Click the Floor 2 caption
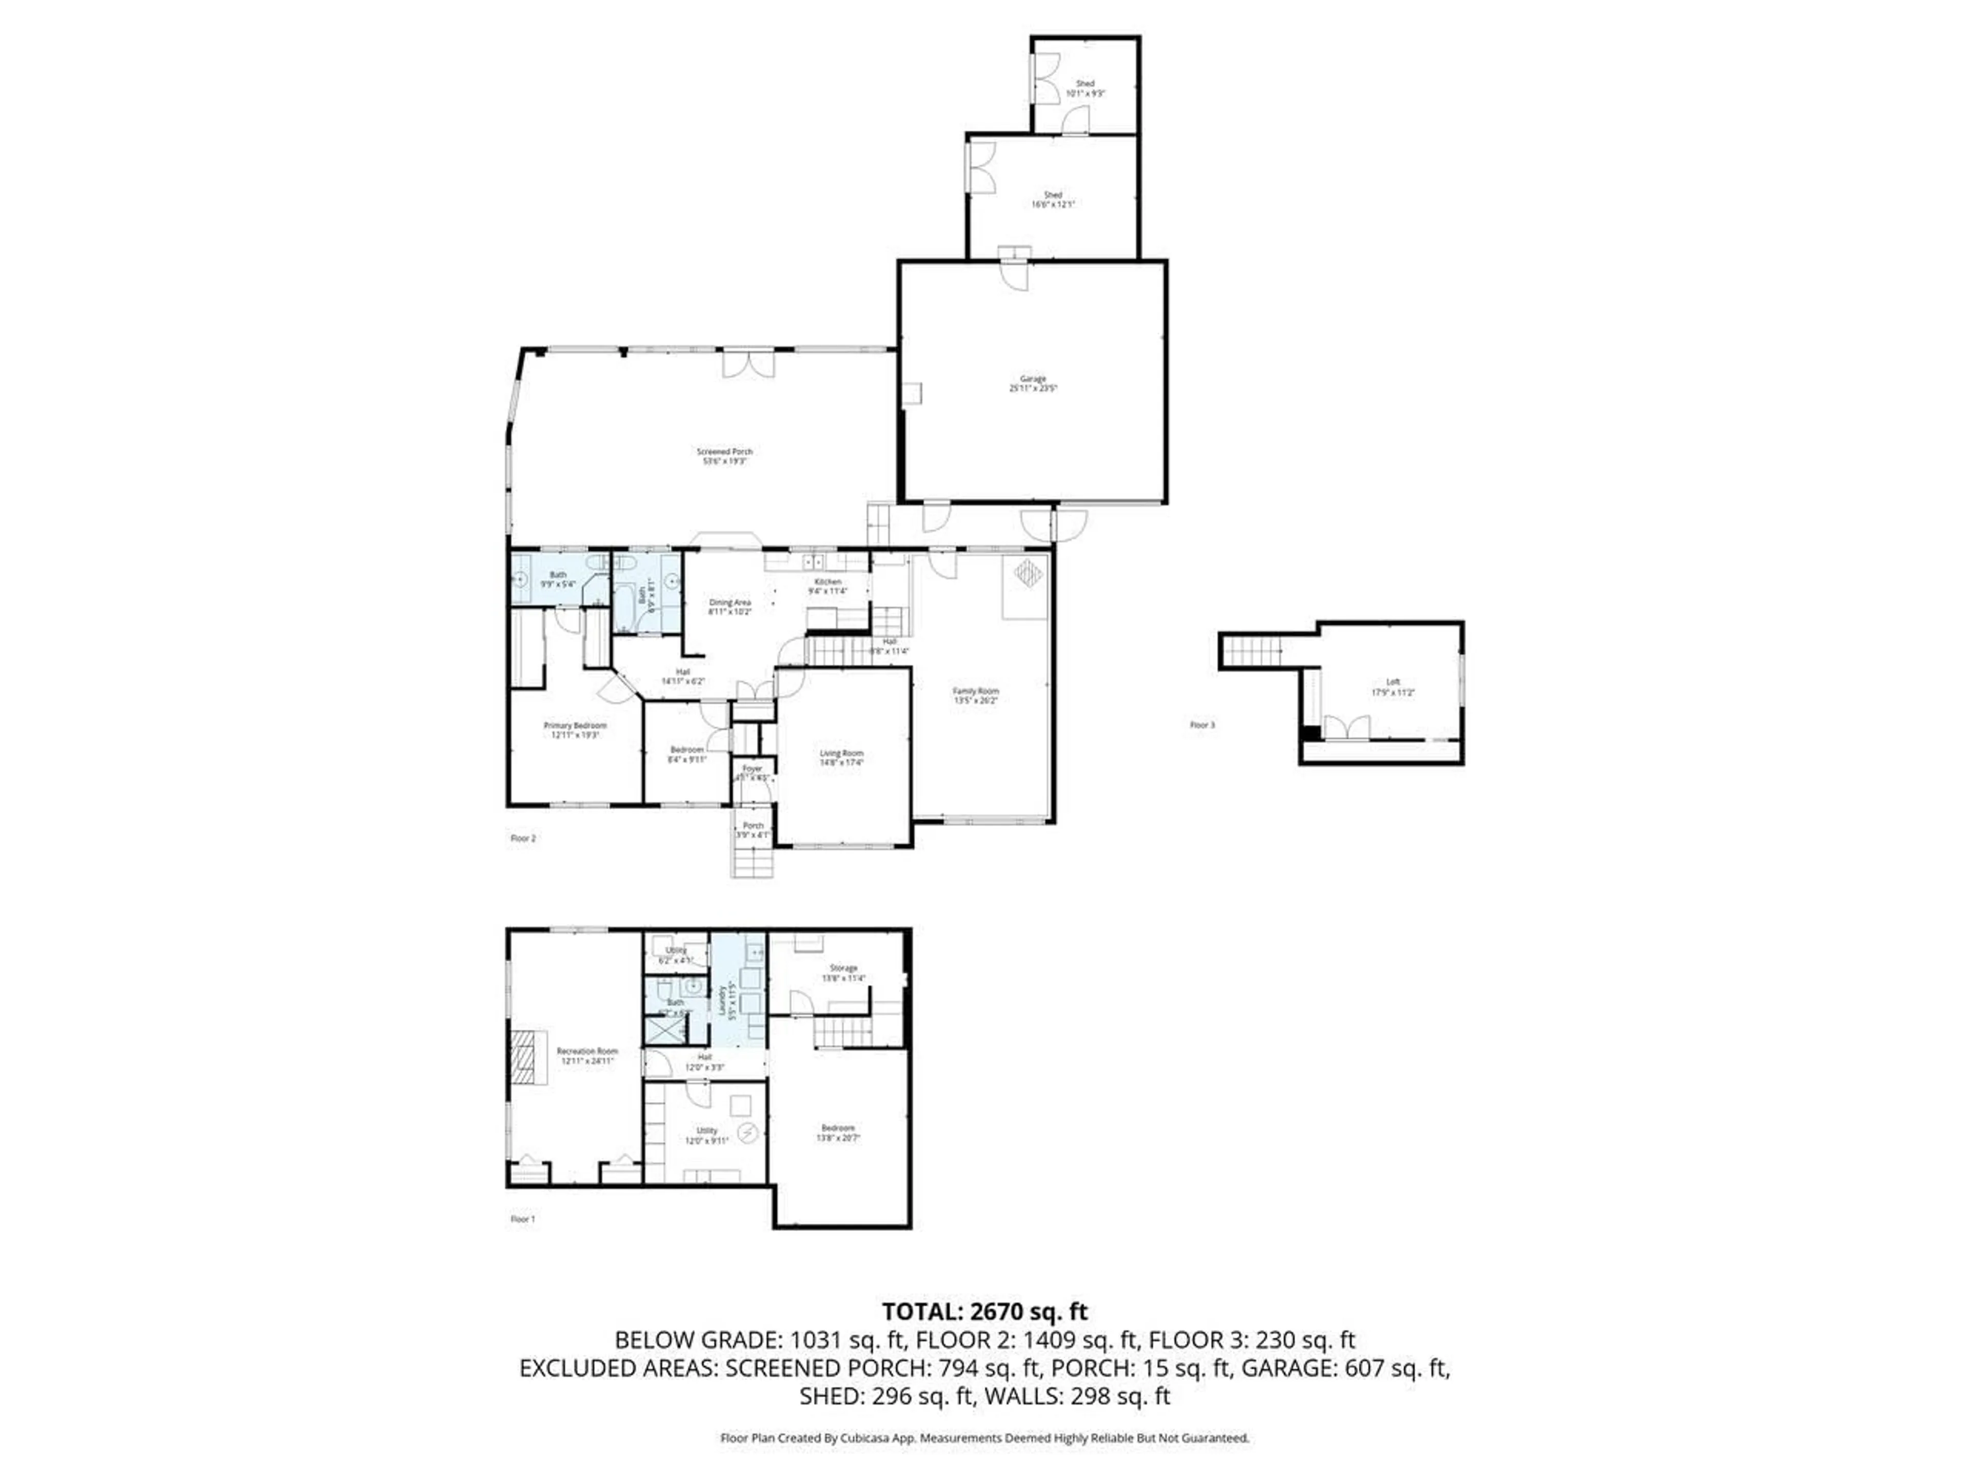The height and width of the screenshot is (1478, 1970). click(523, 839)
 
